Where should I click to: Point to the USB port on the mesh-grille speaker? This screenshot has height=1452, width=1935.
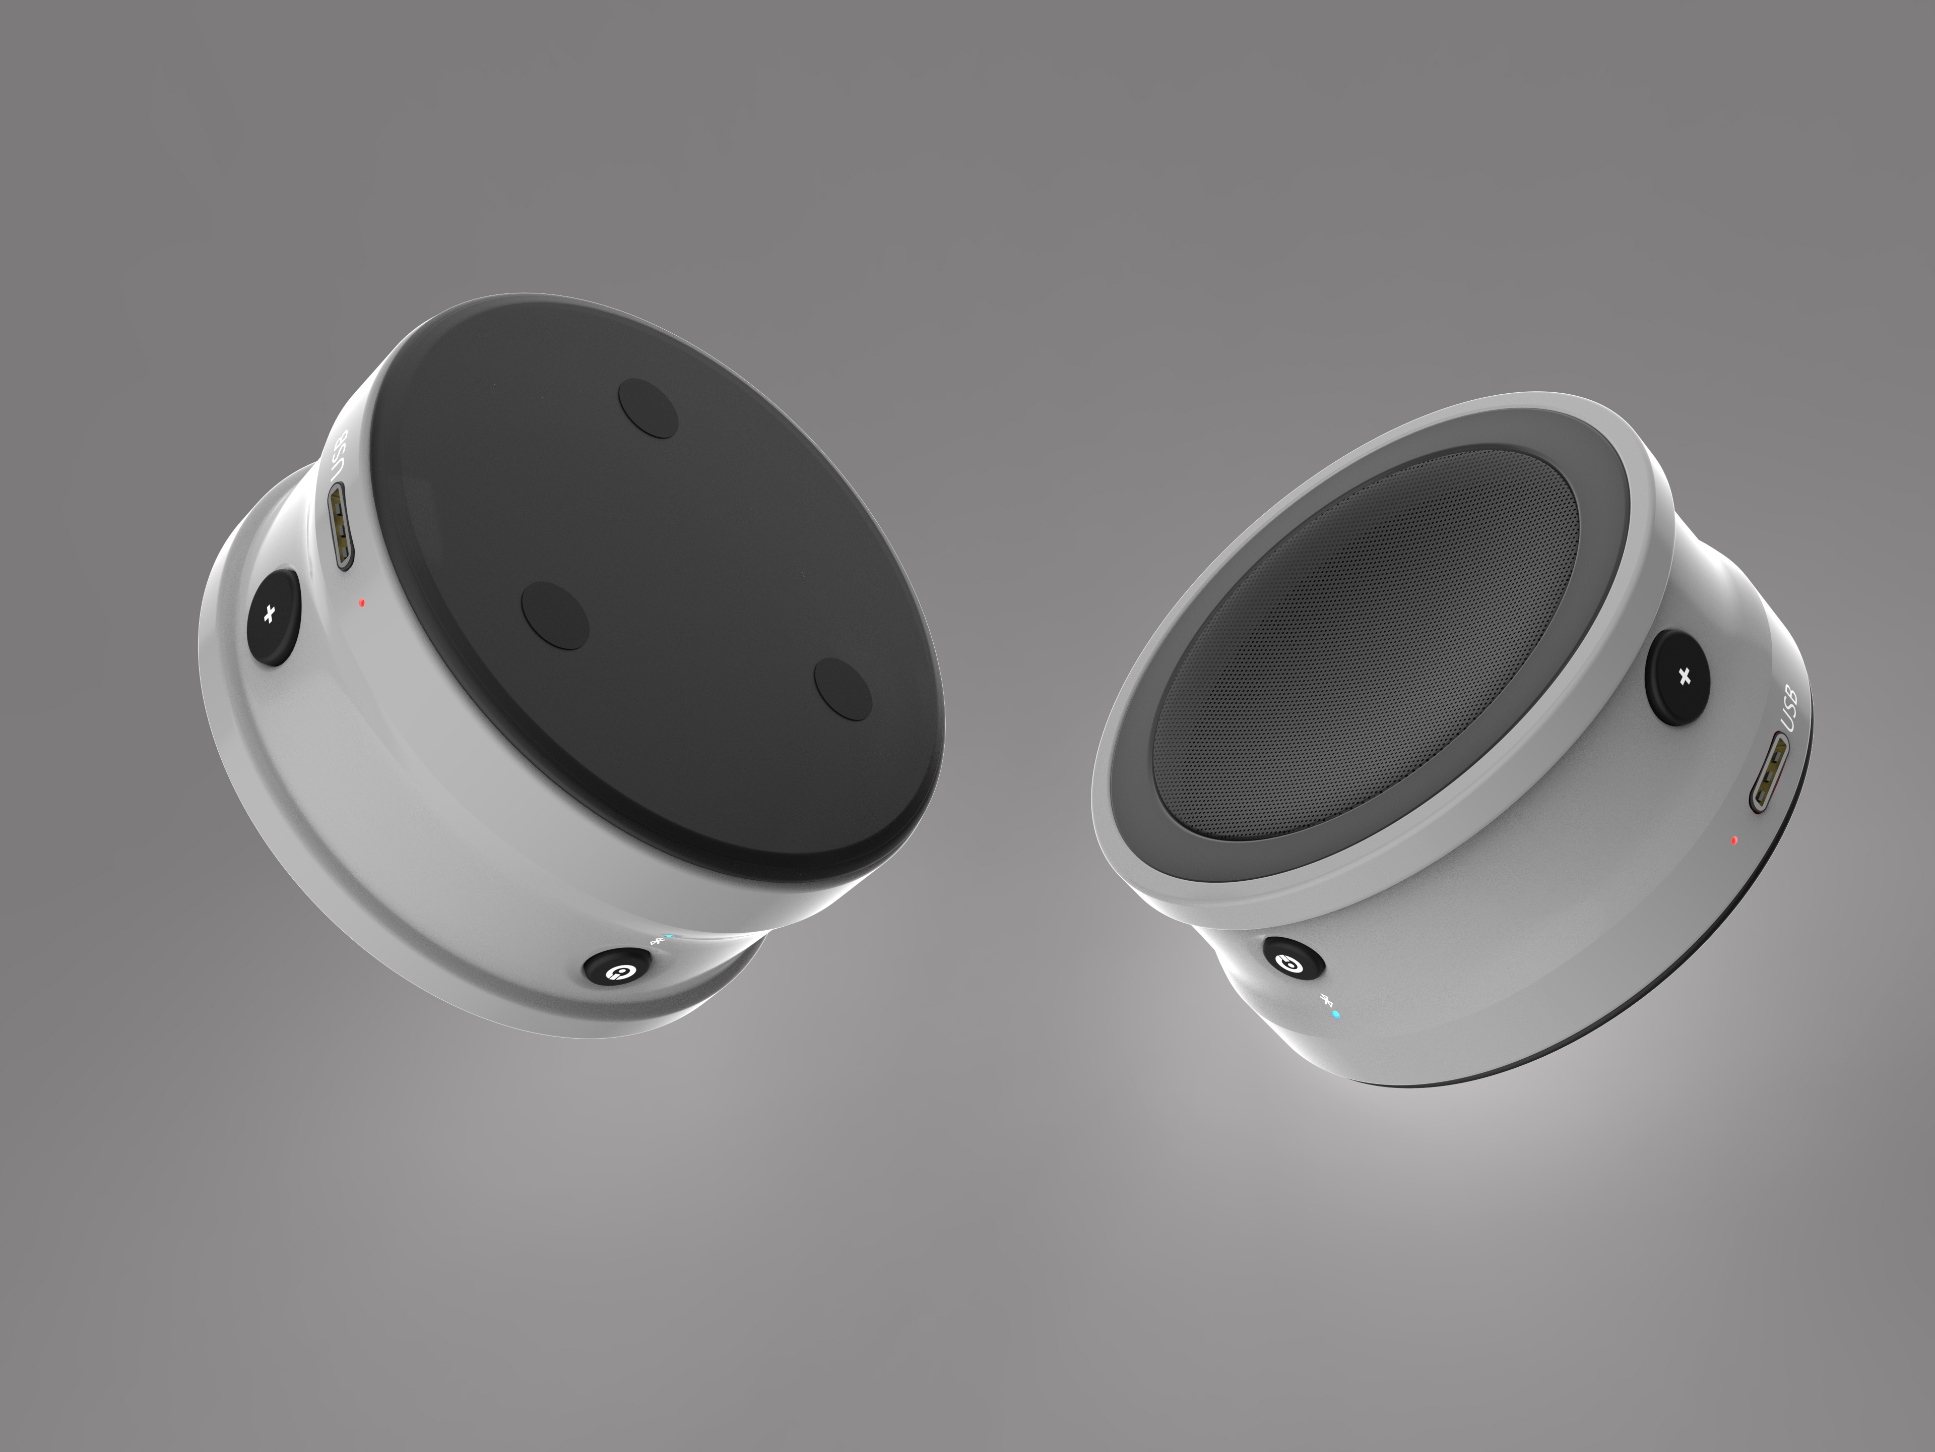point(1768,771)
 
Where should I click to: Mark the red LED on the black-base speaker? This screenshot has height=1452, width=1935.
point(361,602)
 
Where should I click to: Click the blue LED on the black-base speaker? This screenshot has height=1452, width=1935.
point(669,936)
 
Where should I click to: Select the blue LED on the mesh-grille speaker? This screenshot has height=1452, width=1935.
point(1335,1014)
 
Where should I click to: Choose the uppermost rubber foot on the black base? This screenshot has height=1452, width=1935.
point(648,408)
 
